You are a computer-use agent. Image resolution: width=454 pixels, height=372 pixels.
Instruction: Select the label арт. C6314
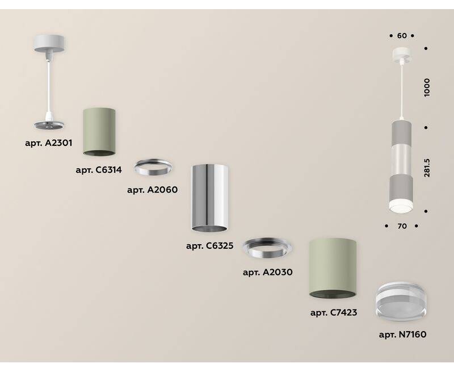point(99,169)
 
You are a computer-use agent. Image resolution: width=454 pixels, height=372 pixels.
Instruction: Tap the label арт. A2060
point(153,190)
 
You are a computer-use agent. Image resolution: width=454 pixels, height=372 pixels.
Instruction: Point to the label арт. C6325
point(209,246)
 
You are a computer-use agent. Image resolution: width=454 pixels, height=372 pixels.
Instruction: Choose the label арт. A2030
point(267,272)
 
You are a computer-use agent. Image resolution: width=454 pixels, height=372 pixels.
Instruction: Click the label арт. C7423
point(333,312)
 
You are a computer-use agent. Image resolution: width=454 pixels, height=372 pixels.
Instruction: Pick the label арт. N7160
point(402,335)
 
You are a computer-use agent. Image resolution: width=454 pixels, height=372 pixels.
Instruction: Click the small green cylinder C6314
point(99,131)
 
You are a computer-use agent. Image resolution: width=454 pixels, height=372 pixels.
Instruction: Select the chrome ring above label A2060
point(153,167)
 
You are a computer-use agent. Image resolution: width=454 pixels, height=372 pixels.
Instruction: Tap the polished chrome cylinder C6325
point(209,198)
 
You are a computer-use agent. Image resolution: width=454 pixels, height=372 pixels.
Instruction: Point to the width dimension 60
point(402,36)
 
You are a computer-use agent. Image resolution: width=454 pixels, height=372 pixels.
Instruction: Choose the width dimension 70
point(402,226)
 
